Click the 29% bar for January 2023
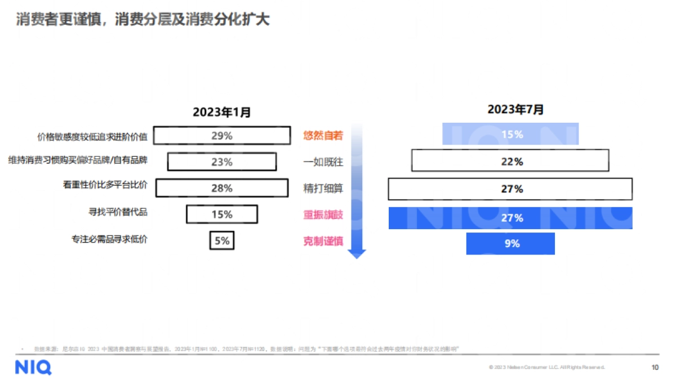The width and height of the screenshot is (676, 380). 222,136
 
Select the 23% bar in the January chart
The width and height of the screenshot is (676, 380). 222,162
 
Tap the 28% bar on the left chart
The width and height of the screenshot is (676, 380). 222,188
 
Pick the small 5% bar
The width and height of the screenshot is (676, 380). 222,240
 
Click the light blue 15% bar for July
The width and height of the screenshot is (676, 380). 511,135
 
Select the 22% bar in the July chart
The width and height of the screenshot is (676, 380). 510,160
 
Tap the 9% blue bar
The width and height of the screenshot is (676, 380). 510,244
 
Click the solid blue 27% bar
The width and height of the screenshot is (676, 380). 510,218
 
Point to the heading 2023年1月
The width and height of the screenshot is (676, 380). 222,112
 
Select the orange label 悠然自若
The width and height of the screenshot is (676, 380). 323,136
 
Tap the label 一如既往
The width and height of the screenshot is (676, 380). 323,162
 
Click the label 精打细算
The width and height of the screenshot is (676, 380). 323,189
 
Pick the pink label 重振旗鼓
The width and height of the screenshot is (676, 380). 323,215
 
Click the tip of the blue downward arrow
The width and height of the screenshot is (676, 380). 357,256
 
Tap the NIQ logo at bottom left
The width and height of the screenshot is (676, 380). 33,368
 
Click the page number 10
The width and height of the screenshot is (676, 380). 655,368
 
